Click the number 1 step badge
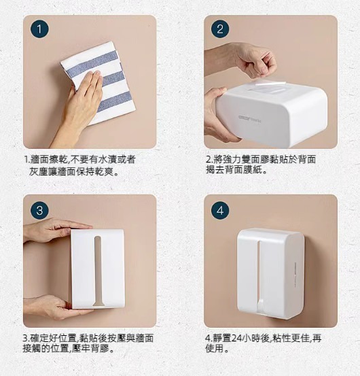click(39, 29)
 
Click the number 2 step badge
click(220, 29)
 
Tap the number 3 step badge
click(39, 210)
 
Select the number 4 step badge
click(220, 210)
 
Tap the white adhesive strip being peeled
click(270, 84)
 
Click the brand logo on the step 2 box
click(250, 118)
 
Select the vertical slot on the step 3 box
click(98, 271)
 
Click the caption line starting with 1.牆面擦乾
click(80, 160)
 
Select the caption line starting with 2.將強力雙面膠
click(261, 160)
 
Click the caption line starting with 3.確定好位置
click(88, 339)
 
